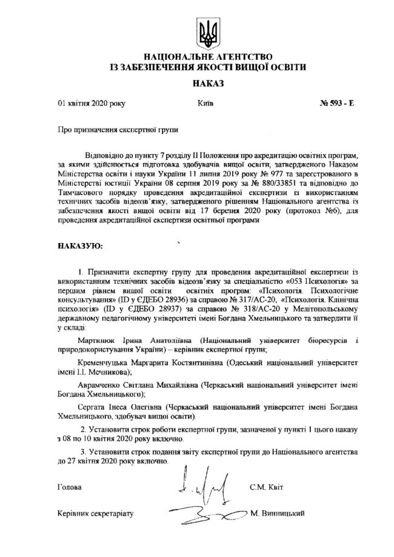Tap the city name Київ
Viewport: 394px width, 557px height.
(205, 104)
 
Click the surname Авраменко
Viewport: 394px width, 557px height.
(102, 385)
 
